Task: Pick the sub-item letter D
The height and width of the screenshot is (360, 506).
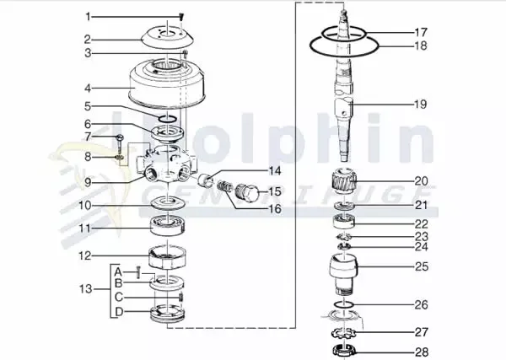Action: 119,313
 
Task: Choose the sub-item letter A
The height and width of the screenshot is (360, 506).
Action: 119,270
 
